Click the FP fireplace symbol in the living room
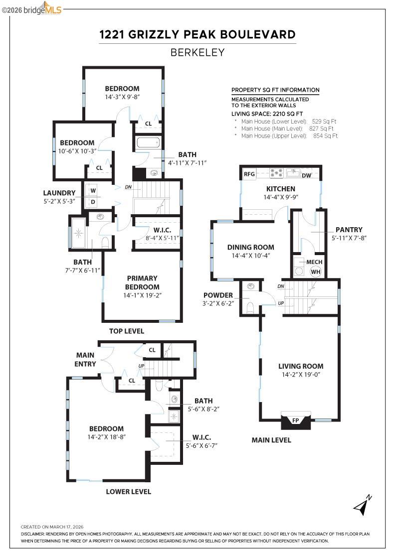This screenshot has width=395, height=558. [x=296, y=421]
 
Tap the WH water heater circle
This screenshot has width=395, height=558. [x=315, y=272]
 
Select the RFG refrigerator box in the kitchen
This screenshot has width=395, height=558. [x=249, y=174]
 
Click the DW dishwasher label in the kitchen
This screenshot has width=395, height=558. [x=307, y=175]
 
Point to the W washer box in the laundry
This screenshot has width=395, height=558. [x=93, y=190]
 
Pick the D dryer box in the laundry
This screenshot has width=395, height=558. [x=93, y=202]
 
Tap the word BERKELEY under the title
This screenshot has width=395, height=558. [x=197, y=52]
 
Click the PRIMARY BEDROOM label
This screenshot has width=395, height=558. [x=142, y=282]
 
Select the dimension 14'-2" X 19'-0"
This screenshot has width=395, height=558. [x=300, y=375]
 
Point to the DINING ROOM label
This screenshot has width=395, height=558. [x=250, y=247]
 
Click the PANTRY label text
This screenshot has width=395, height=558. [x=349, y=230]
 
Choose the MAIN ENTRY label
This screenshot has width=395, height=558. [x=86, y=360]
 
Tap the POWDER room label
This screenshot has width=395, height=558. [x=218, y=295]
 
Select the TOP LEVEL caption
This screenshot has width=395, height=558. [x=127, y=331]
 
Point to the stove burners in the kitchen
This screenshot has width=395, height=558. [x=276, y=173]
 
